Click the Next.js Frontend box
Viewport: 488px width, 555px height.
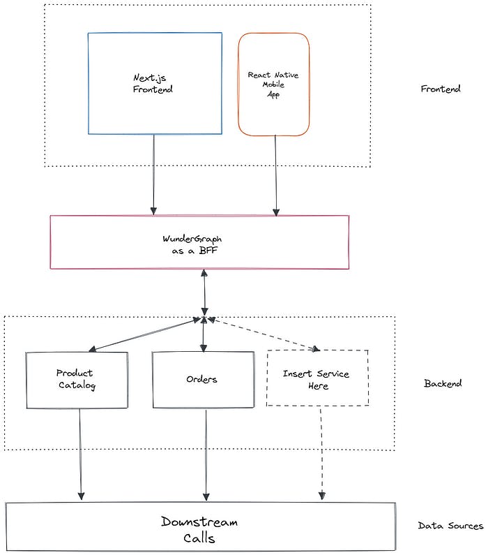(155, 84)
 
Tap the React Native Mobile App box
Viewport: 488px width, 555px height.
(274, 84)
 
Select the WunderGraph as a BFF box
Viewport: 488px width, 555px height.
(199, 242)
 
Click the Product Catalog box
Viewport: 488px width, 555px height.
(77, 380)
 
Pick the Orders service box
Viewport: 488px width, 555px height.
(203, 380)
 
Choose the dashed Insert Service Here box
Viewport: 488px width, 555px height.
(318, 378)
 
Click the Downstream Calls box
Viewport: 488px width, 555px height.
(200, 526)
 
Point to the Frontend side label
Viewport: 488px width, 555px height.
(441, 89)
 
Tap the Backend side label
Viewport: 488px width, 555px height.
(443, 383)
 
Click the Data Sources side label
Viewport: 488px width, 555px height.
(450, 526)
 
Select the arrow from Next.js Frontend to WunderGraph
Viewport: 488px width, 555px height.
(153, 175)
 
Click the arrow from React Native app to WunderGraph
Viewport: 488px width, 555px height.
(275, 176)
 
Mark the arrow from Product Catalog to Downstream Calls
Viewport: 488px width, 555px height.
(80, 454)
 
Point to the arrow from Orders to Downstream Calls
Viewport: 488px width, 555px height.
(206, 455)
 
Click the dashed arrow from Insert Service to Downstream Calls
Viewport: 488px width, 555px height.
(321, 453)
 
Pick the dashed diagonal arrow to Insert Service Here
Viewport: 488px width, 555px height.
(264, 334)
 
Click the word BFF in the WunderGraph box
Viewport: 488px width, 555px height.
(208, 251)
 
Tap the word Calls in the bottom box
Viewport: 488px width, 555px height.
(199, 538)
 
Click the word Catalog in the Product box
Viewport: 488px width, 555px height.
(77, 385)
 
